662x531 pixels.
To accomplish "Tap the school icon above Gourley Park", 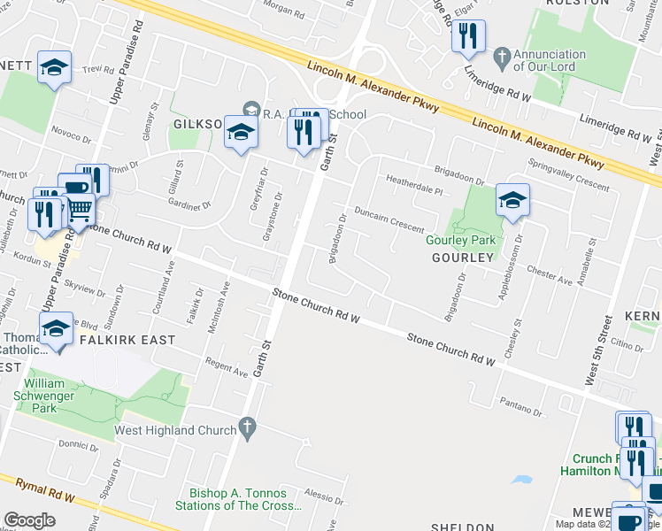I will [x=512, y=200].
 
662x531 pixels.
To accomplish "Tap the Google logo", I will [x=29, y=520].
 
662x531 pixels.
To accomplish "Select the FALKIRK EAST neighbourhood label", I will [x=127, y=340].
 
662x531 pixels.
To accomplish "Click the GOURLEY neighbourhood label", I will [x=462, y=258].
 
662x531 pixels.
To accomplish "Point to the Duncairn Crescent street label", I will [x=389, y=219].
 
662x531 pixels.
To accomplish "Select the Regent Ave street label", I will [x=227, y=369].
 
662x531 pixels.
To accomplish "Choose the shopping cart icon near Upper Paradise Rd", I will [x=80, y=209].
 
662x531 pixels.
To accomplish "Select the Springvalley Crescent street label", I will [x=568, y=175].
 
